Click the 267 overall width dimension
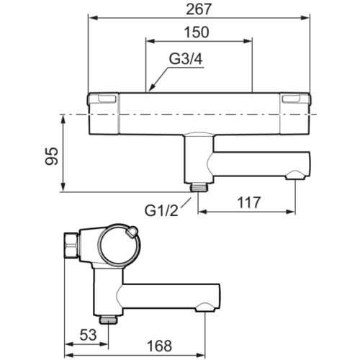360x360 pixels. coord(199,9)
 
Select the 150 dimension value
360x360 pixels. coord(197,32)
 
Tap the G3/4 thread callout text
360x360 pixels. coord(186,59)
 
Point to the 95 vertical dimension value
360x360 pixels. coord(52,156)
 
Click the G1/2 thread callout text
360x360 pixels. coord(161,211)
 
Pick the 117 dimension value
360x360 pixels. coord(249,202)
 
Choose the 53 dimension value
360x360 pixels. coord(88,335)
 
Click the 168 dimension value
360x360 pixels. coord(159,346)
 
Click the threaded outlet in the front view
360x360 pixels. coord(198,187)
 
